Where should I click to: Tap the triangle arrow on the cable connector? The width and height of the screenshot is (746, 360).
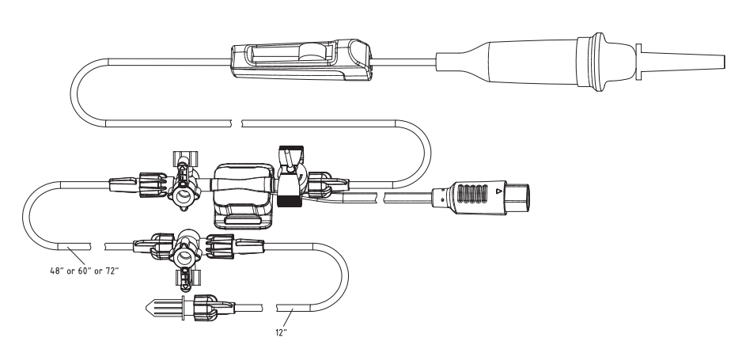[498, 191]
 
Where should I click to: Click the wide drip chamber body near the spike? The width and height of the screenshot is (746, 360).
[528, 61]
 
